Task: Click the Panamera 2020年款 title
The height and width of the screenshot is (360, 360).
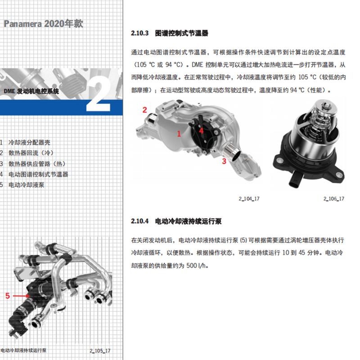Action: pos(43,24)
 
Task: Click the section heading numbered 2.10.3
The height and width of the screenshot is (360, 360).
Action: pos(170,33)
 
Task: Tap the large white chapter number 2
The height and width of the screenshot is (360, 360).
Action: pos(99,94)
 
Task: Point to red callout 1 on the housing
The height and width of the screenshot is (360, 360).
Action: pos(179,133)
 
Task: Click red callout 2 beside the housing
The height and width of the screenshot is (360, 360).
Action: pos(144,110)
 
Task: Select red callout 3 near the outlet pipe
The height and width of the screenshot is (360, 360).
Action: pos(224,161)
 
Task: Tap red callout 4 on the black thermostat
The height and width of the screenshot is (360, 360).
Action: pos(202,130)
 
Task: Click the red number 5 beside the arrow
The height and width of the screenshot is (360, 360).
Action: pos(7,296)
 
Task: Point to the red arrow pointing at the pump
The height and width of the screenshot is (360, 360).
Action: pos(21,296)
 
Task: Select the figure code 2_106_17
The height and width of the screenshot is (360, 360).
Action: pos(333,198)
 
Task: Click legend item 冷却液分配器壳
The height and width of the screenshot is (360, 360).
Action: pos(29,143)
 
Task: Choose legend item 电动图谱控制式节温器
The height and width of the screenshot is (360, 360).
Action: pos(38,174)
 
